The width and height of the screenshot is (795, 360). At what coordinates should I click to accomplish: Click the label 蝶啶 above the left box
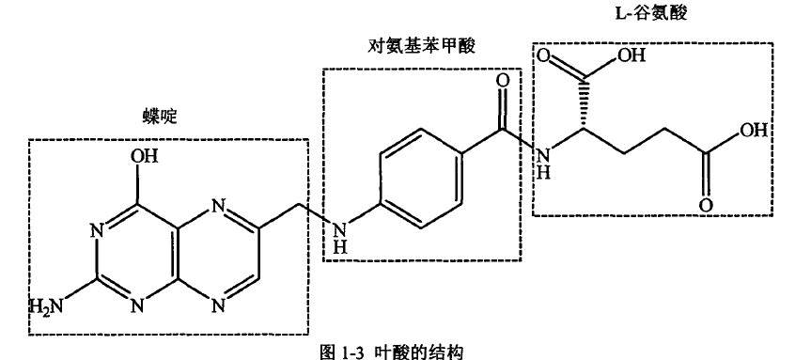coord(160,116)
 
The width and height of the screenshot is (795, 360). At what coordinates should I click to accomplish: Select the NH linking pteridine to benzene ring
coord(339,236)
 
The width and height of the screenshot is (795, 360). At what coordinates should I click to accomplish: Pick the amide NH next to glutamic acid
coord(542,160)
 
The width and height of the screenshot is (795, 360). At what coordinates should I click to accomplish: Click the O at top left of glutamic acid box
coord(543,59)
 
